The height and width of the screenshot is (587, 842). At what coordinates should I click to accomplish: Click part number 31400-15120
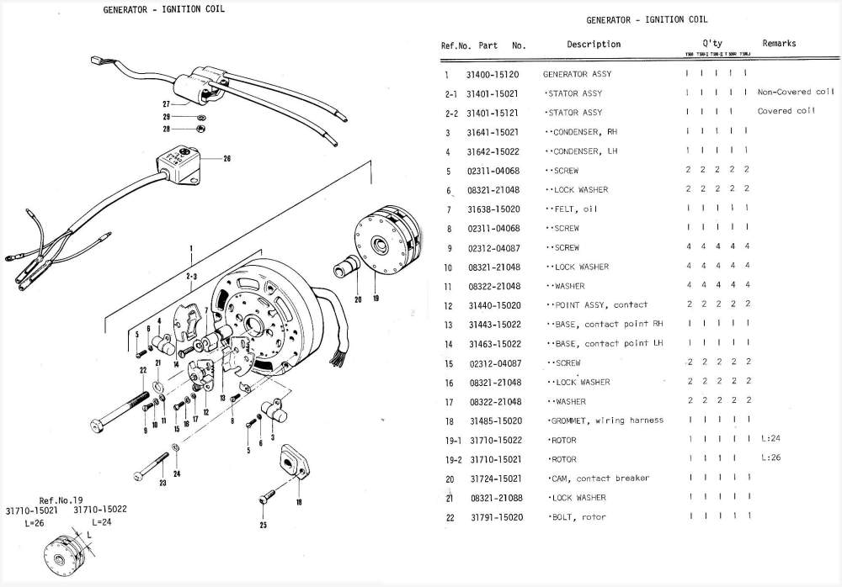tap(492, 74)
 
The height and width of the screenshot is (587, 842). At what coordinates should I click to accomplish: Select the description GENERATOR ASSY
tap(578, 74)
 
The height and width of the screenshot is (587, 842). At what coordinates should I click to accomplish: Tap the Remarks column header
tap(779, 44)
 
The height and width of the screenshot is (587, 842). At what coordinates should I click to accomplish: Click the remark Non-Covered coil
tap(796, 92)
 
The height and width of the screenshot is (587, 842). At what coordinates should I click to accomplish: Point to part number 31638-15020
tap(493, 209)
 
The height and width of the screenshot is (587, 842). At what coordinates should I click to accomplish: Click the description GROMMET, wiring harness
tap(606, 420)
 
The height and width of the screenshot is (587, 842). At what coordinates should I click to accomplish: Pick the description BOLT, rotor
tap(578, 517)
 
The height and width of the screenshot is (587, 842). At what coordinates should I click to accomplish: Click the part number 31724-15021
tap(493, 479)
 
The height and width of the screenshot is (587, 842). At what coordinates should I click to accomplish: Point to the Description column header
tap(594, 44)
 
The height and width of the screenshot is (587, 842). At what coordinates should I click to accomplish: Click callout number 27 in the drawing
tap(167, 104)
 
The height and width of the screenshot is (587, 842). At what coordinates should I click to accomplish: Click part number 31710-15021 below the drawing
tap(33, 510)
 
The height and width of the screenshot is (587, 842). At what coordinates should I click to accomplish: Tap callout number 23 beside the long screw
tap(163, 482)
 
